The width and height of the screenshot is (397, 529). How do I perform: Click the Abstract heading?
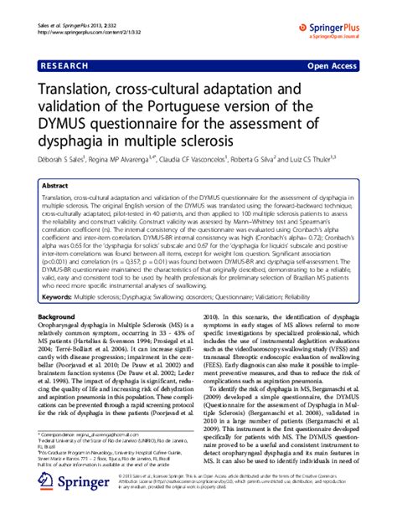55,187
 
